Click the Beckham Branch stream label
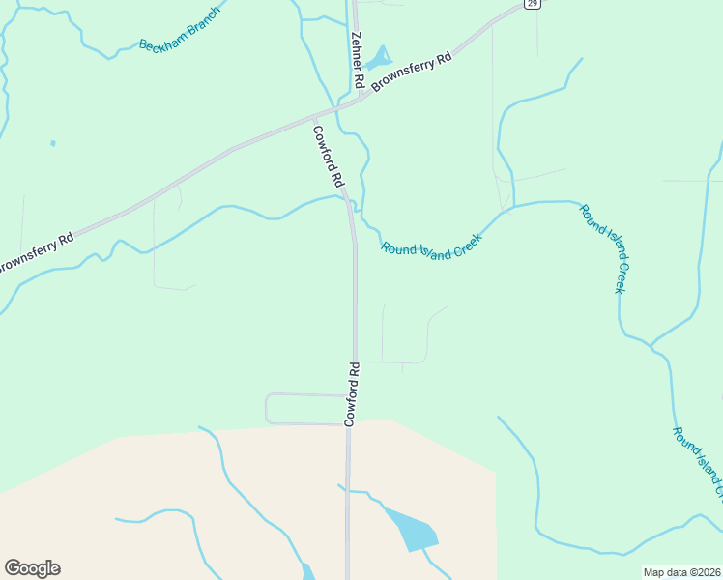pyautogui.click(x=181, y=32)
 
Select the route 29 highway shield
pyautogui.click(x=533, y=4)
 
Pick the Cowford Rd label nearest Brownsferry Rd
pyautogui.click(x=329, y=155)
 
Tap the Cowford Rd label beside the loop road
pyautogui.click(x=353, y=393)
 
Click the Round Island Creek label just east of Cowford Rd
pyautogui.click(x=431, y=247)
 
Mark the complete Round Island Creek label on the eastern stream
pyautogui.click(x=605, y=248)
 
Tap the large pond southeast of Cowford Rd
pyautogui.click(x=413, y=529)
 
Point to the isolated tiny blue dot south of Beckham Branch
pyautogui.click(x=52, y=143)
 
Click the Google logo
pyautogui.click(x=32, y=568)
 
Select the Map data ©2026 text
pyautogui.click(x=681, y=572)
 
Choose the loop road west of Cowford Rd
pyautogui.click(x=269, y=409)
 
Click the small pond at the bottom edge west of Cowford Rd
pyautogui.click(x=307, y=571)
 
